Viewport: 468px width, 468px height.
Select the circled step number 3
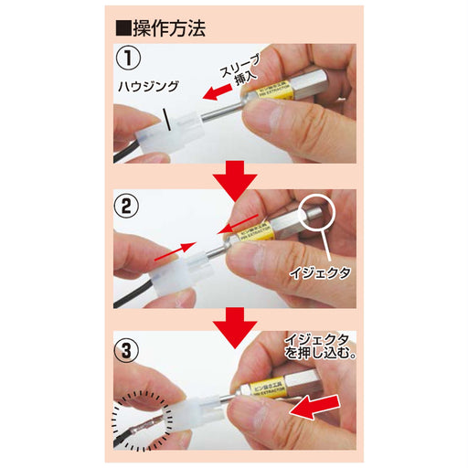(130, 349)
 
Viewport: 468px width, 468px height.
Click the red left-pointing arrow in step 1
(219, 92)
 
